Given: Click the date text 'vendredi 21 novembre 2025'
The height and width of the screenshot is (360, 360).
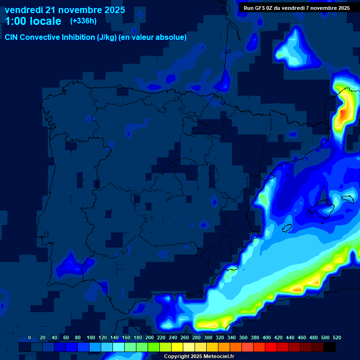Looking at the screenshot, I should pos(65,10).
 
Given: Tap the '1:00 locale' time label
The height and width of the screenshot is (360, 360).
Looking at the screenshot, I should pos(33,21).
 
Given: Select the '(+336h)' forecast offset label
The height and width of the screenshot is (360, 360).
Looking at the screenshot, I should pos(83,21).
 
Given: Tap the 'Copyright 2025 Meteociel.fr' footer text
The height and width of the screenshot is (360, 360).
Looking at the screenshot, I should pos(199,356).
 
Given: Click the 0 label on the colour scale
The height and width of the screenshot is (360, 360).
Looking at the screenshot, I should pos(30,337).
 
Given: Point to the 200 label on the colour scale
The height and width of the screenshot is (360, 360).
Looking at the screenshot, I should pos(150,337).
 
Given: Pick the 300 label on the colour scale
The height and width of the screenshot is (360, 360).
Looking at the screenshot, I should pos(208,337).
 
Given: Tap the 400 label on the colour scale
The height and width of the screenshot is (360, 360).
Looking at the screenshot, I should pos(267,337).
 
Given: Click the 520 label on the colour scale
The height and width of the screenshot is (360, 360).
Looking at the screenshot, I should pos(337,337).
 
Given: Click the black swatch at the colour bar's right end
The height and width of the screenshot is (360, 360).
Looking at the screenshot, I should pos(330,347).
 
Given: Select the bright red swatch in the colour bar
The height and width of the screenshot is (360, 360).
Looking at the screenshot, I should pos(271,347).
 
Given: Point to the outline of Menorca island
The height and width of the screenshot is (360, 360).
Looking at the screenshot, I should pos(347,199).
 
